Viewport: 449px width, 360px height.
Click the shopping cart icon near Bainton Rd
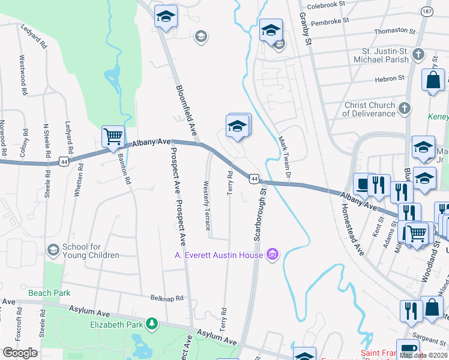(113, 136)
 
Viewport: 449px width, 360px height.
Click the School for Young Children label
(91, 251)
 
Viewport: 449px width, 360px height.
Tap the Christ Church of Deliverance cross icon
(405, 109)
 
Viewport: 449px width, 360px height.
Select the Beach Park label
(49, 293)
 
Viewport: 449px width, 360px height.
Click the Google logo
(20, 353)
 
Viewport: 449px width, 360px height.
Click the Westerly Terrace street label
(207, 205)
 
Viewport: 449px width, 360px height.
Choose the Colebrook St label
(324, 4)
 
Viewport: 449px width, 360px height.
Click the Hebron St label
(388, 79)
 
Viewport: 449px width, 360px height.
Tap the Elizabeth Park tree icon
(152, 325)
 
